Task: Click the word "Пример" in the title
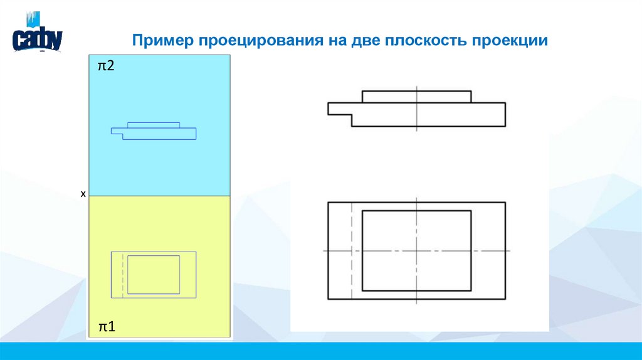point(163,41)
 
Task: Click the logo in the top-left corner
point(37,38)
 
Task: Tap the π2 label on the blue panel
point(105,66)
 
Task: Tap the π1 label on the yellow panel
point(105,327)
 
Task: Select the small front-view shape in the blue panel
point(154,131)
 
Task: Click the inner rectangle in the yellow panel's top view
point(154,275)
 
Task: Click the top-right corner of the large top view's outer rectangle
point(505,203)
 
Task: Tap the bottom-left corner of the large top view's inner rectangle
point(362,290)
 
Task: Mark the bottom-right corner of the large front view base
point(505,126)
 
